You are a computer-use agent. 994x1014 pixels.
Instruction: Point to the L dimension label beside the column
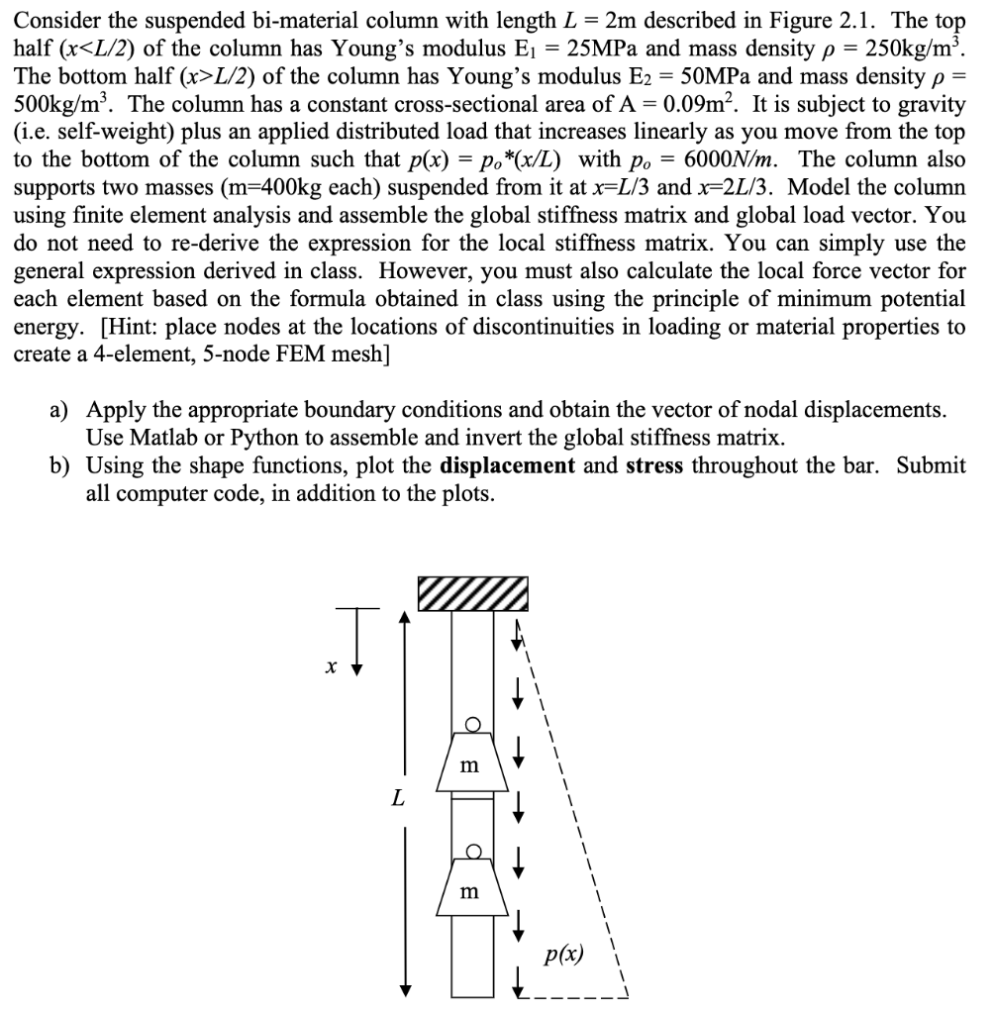(397, 797)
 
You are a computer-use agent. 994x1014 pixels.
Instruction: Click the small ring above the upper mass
(473, 725)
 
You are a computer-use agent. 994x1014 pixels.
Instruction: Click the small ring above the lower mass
(473, 853)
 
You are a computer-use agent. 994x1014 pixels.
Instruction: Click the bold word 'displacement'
(507, 465)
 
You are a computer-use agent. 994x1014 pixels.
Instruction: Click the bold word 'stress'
(654, 465)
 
